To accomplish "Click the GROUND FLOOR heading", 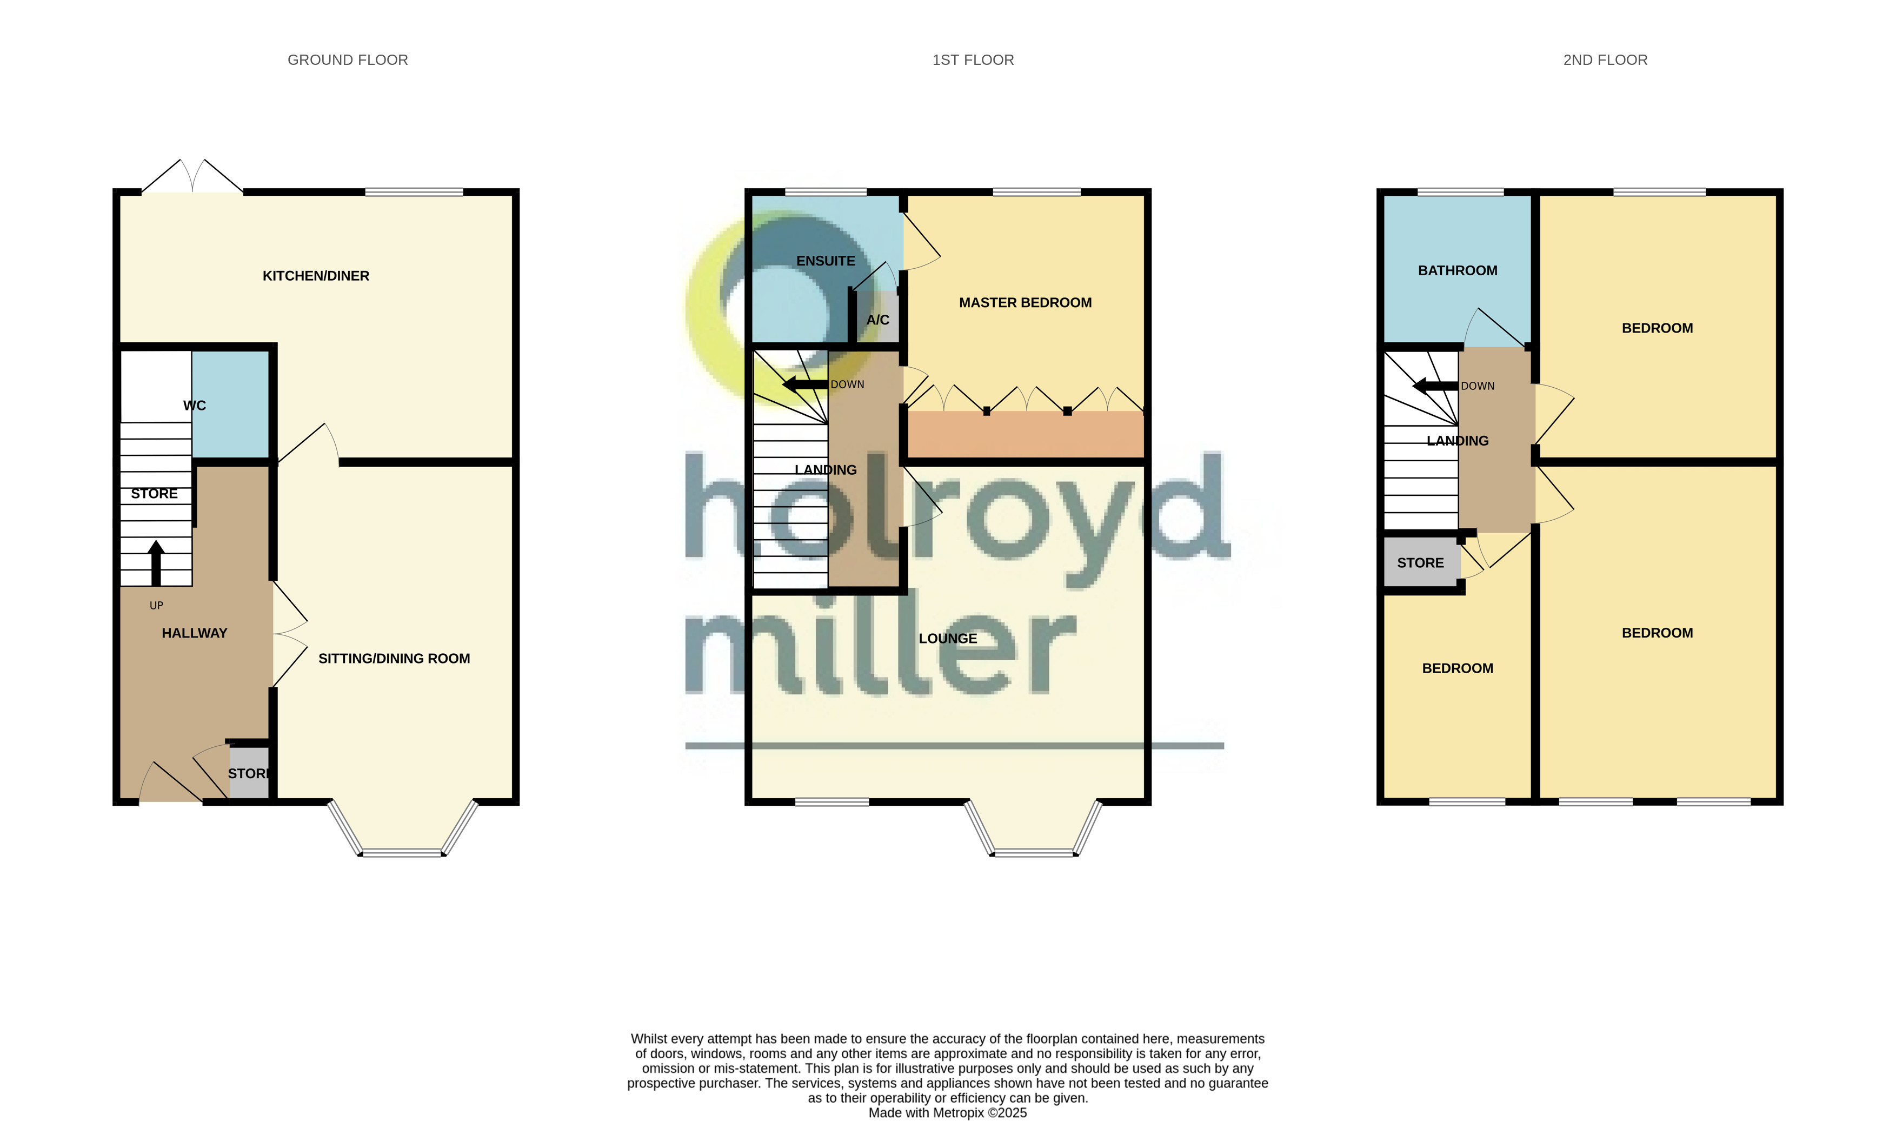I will click(347, 59).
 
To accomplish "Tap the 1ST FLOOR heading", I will click(973, 59).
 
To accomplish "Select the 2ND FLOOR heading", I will click(1605, 59).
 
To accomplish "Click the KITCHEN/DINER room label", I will click(316, 276).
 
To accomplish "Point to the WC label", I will click(194, 406).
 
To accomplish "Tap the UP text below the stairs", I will click(156, 605).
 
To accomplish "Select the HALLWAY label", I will click(194, 633).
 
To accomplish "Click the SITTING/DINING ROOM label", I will click(394, 659).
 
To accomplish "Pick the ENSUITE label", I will click(826, 261).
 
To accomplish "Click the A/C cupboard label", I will click(877, 320).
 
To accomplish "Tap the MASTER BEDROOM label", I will click(1024, 303).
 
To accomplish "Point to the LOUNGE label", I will click(948, 638).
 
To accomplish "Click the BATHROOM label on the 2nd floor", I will click(1458, 270).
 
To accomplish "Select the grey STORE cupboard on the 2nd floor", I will click(1420, 563).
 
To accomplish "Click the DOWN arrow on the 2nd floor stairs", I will click(1435, 387).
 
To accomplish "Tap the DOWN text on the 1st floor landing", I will click(847, 384).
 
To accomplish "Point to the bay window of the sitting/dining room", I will click(402, 852).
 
